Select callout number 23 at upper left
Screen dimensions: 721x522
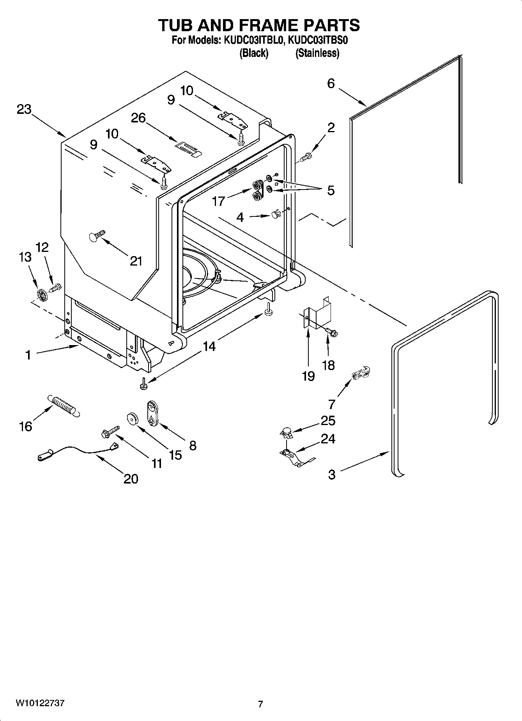(24, 110)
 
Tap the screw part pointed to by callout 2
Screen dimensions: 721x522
(306, 157)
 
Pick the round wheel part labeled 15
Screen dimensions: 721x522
(133, 418)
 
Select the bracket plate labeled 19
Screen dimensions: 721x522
(317, 310)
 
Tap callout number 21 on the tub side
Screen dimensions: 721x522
(136, 261)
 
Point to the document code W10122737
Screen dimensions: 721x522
(40, 703)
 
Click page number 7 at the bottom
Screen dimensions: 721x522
(260, 704)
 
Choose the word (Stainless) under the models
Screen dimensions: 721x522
(317, 53)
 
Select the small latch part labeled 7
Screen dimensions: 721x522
(361, 374)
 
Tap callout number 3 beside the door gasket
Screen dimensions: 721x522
(331, 474)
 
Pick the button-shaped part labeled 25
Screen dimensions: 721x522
(287, 432)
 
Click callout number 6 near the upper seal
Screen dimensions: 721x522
(331, 83)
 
